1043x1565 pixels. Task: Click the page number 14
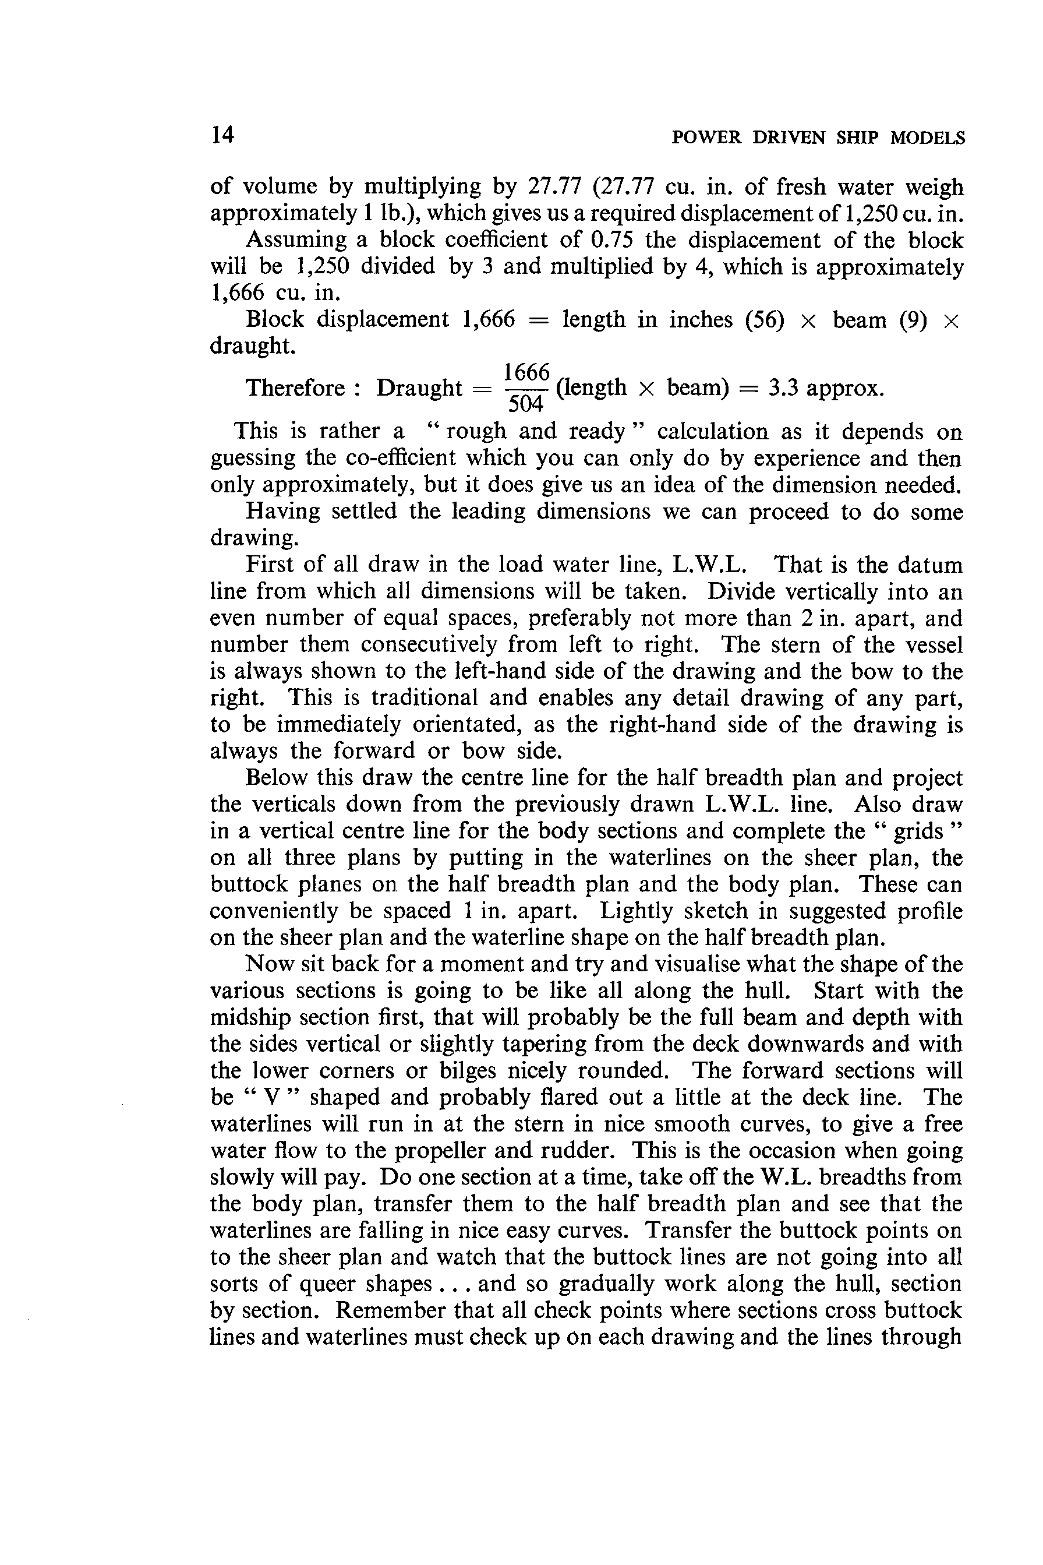222,135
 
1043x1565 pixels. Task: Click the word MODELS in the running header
927,138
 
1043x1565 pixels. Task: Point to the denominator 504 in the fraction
526,403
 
